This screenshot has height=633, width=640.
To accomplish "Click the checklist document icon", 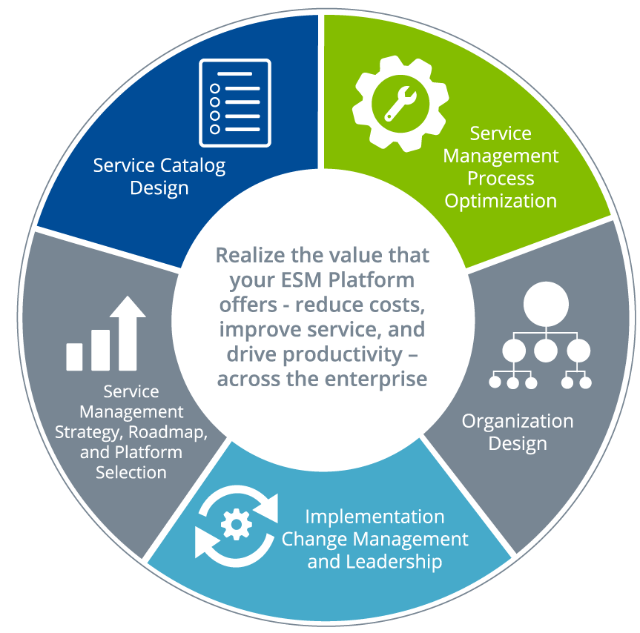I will (x=234, y=102).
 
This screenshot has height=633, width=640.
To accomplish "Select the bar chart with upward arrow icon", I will (x=105, y=334).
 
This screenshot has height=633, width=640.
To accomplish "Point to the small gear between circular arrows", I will (x=237, y=523).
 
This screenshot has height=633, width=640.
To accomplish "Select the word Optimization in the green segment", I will (x=501, y=201).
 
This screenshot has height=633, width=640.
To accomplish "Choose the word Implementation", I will (x=375, y=517).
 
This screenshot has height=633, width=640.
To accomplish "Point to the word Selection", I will (x=131, y=471).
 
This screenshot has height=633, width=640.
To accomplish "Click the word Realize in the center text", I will (x=248, y=256).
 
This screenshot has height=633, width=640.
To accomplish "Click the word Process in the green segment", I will (x=501, y=179).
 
